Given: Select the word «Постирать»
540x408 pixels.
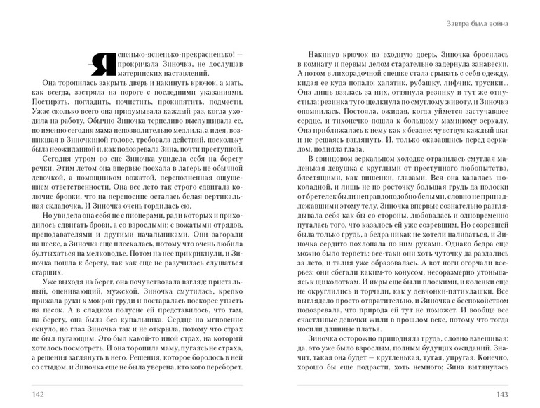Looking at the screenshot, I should [x=51, y=101].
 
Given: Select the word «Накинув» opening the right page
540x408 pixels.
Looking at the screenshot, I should [x=324, y=53].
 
